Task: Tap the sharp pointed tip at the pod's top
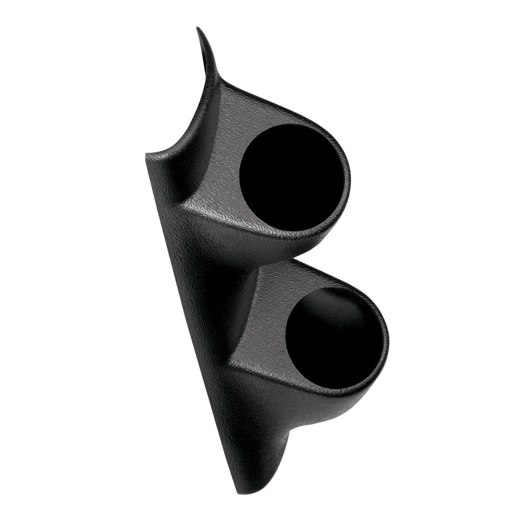pos(197,29)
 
